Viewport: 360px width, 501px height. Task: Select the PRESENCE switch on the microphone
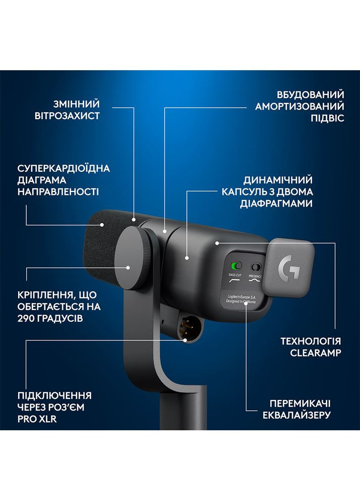(x=258, y=266)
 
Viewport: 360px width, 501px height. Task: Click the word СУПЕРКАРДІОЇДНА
(x=64, y=168)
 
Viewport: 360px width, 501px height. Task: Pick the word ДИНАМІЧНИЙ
(x=278, y=180)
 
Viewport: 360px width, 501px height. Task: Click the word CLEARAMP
(x=316, y=353)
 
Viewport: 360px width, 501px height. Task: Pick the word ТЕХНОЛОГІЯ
(x=311, y=341)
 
